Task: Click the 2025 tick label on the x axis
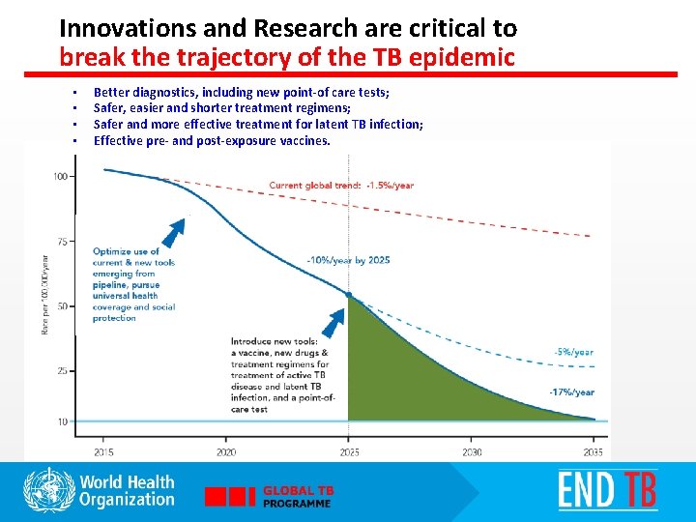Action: [x=348, y=452]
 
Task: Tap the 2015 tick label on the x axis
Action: [x=102, y=452]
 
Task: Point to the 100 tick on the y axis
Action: [x=60, y=177]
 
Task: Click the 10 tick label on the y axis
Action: [x=62, y=422]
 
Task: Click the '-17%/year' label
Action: [x=571, y=392]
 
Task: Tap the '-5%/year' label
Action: [x=573, y=353]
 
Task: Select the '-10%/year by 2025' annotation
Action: [x=348, y=261]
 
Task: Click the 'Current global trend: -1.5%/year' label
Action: [x=341, y=186]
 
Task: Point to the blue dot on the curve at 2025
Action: [x=348, y=295]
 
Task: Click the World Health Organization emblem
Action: [x=48, y=490]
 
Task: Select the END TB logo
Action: [x=606, y=490]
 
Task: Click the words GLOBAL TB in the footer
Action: [x=298, y=491]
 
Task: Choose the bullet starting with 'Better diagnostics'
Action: [x=241, y=92]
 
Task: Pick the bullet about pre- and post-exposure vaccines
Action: [x=212, y=140]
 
